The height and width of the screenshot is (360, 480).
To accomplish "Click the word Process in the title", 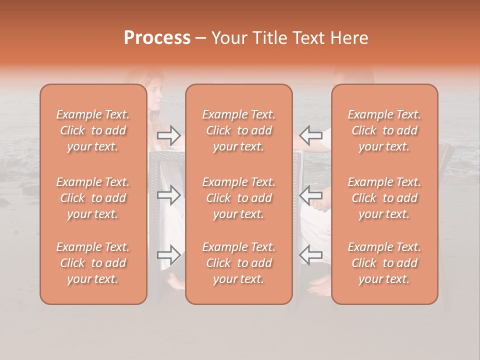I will pos(157,38).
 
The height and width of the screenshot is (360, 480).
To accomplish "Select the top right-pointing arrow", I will pos(168,134).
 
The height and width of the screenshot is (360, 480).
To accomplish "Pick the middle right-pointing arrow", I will pos(168,195).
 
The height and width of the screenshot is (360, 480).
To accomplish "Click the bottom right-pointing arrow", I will pos(168,255).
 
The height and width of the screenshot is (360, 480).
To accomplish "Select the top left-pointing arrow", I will pos(310,134).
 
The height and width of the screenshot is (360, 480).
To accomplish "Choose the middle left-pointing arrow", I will pos(310,195).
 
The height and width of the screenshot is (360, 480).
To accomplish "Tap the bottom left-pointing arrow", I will pos(310,255).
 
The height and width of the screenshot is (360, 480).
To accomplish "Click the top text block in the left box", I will pos(93,130).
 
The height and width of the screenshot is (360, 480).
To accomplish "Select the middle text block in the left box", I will pos(93,198).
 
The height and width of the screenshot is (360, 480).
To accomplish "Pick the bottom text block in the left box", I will pos(93,263).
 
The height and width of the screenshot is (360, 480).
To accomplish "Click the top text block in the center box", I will pos(238,130).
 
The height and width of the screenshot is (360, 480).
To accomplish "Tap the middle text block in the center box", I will pos(238,198).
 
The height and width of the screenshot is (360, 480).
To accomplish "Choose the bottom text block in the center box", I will pos(238,263).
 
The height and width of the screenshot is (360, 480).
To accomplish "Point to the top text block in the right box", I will pos(384,130).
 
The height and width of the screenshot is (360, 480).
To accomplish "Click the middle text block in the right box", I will pos(384,198).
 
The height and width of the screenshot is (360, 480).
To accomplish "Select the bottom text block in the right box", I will pos(384,263).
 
